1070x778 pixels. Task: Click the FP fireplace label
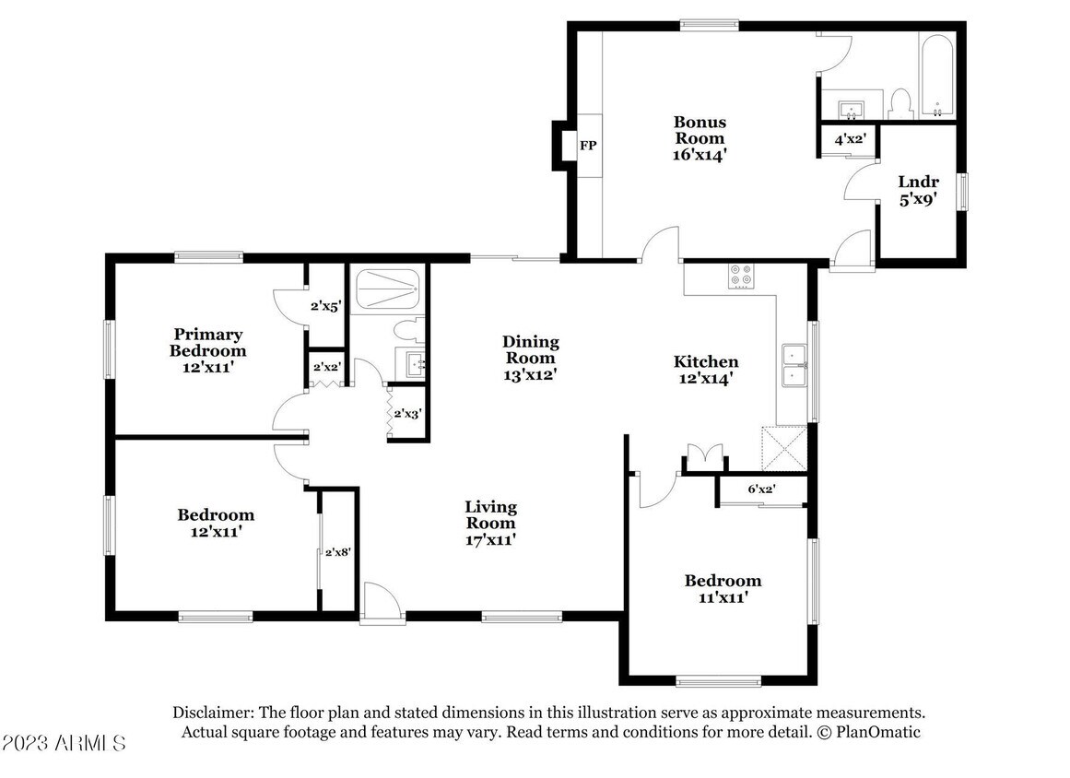pos(588,146)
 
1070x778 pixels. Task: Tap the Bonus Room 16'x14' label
pos(700,138)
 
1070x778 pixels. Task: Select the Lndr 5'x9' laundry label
pos(918,191)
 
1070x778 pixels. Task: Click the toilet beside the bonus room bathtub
pos(901,104)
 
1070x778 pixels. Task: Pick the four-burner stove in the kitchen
pos(742,276)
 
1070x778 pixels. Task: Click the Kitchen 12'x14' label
pos(706,370)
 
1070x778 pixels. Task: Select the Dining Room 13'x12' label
pos(530,358)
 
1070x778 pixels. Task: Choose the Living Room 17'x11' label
pos(490,524)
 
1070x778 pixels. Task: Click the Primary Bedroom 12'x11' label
pos(207,350)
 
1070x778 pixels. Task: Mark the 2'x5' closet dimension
pos(325,306)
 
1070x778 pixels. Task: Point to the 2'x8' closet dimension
pos(338,552)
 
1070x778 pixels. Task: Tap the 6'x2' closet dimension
pos(761,489)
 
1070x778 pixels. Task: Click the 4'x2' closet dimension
pos(851,139)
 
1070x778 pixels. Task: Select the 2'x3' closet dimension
pos(407,414)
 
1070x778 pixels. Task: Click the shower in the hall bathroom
pos(386,290)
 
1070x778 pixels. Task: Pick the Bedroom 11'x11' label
pos(723,589)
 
